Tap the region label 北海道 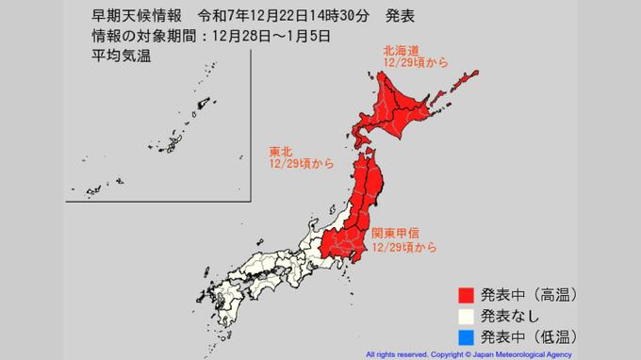coord(401,50)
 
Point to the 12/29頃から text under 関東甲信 coord(404,247)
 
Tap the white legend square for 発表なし coord(466,314)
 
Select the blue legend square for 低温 coord(466,335)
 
